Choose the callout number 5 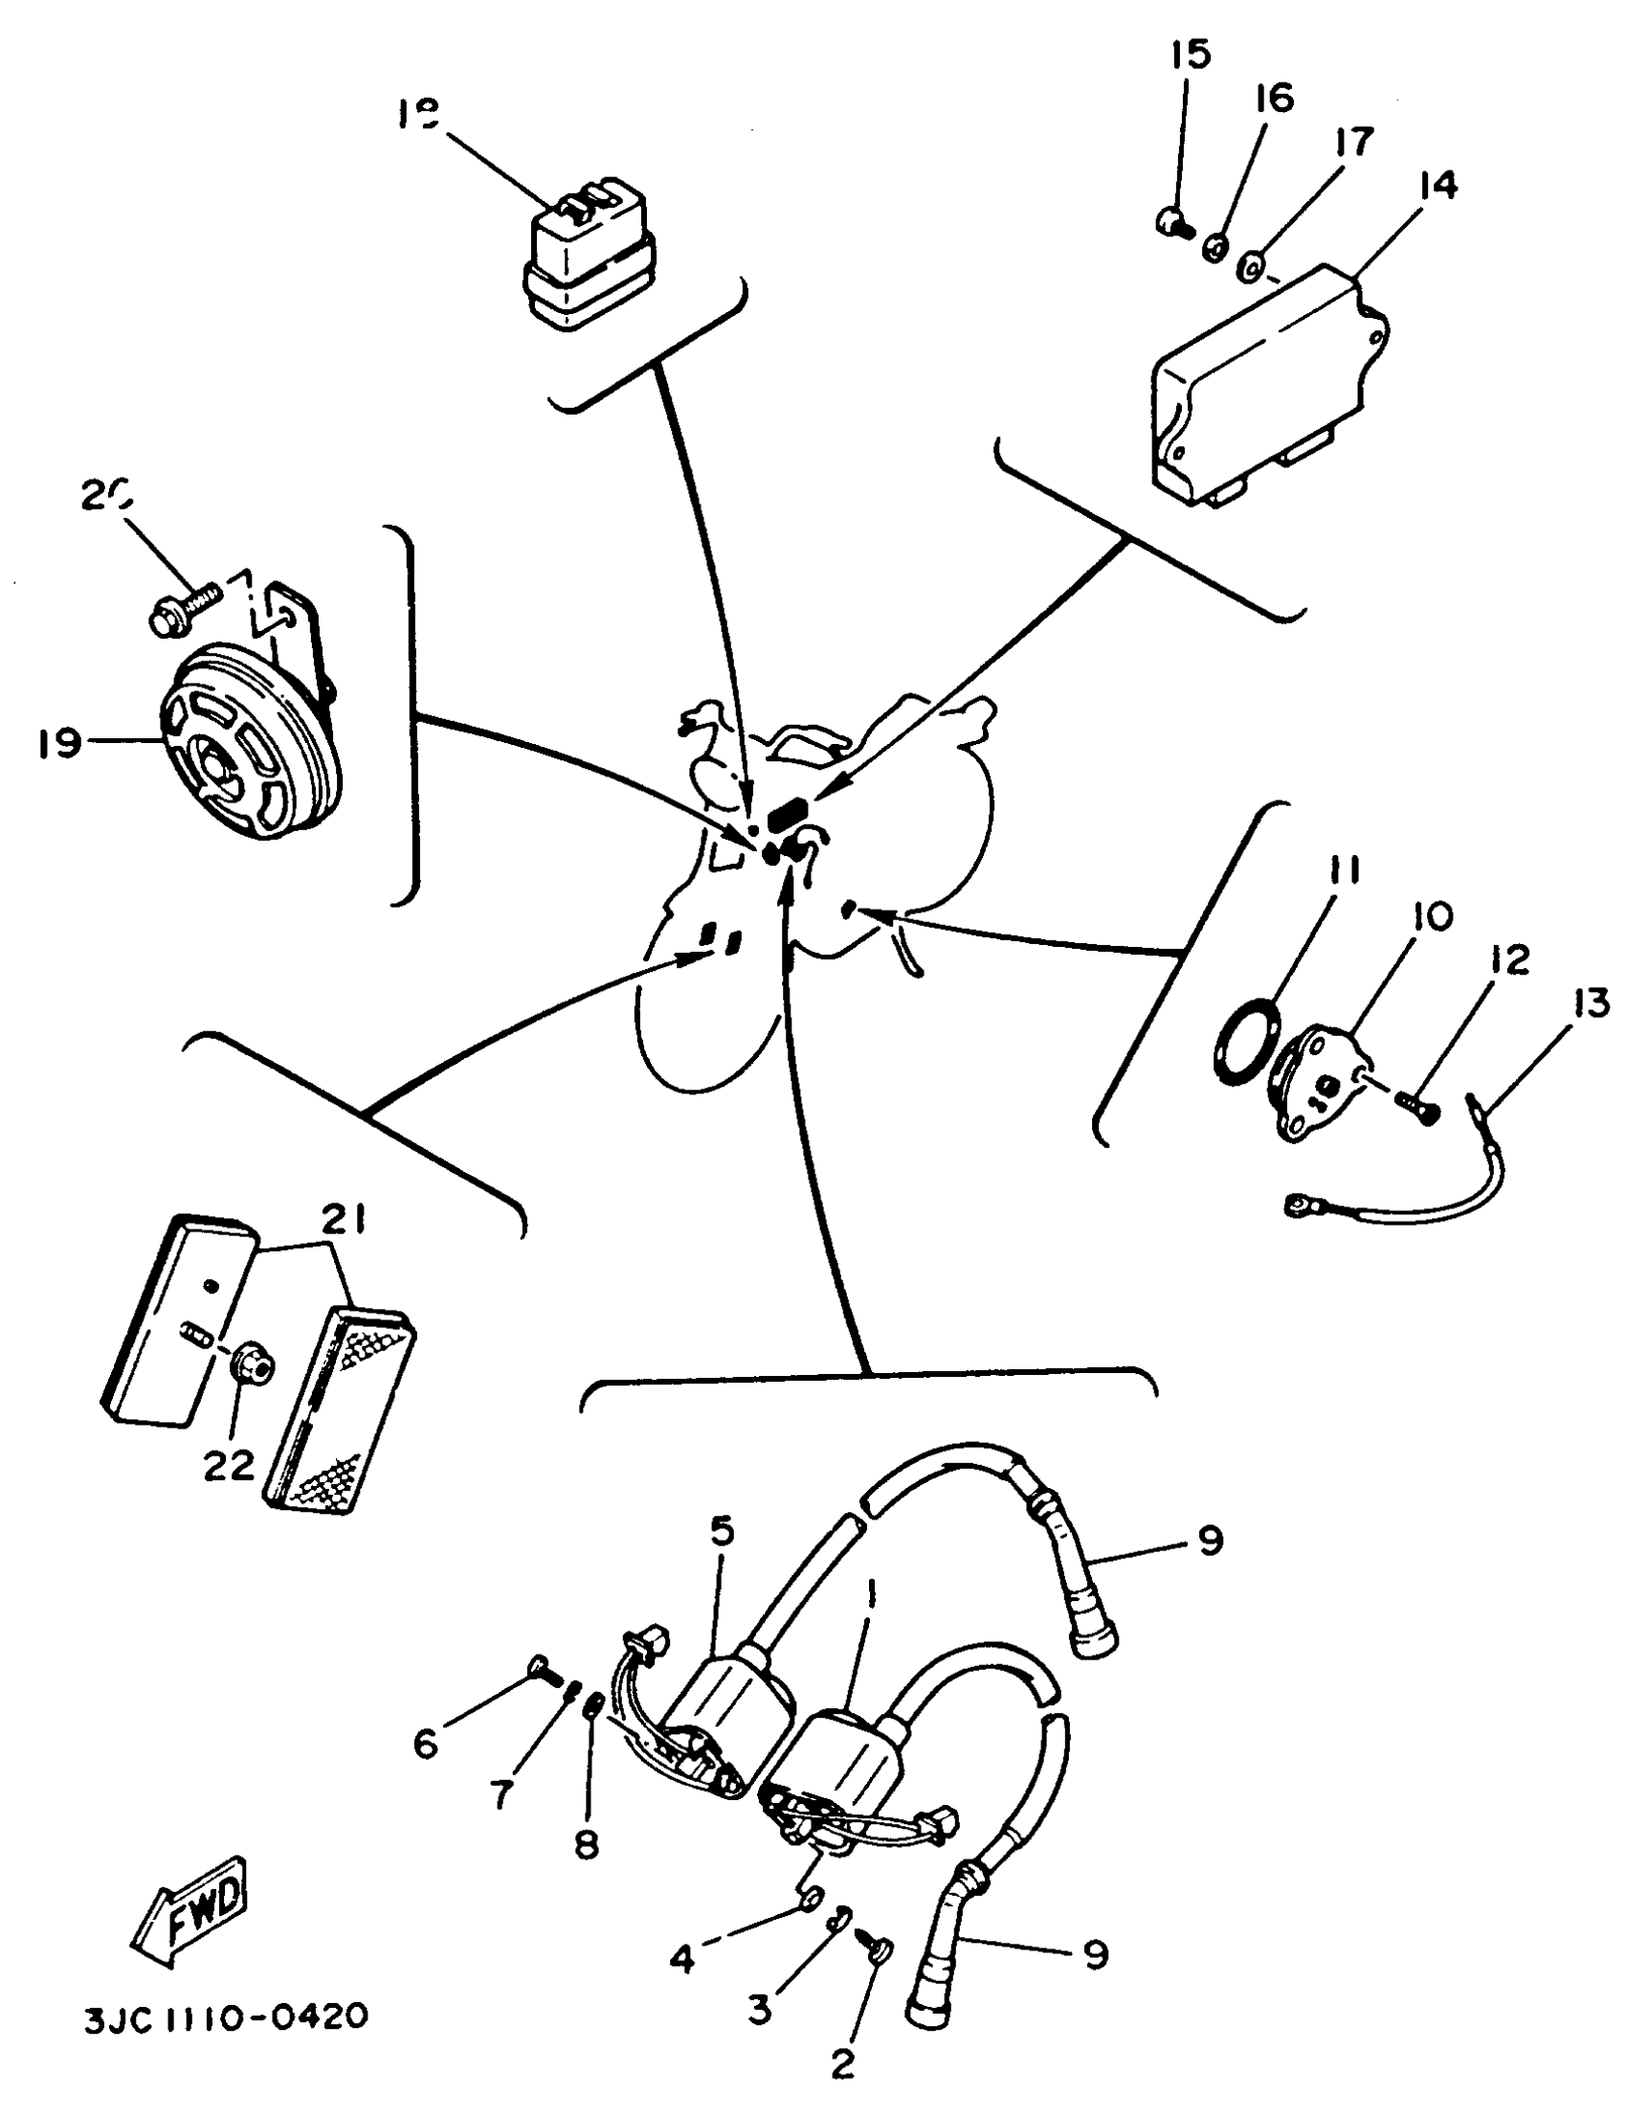click(x=722, y=1532)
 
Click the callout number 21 click(x=345, y=1223)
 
